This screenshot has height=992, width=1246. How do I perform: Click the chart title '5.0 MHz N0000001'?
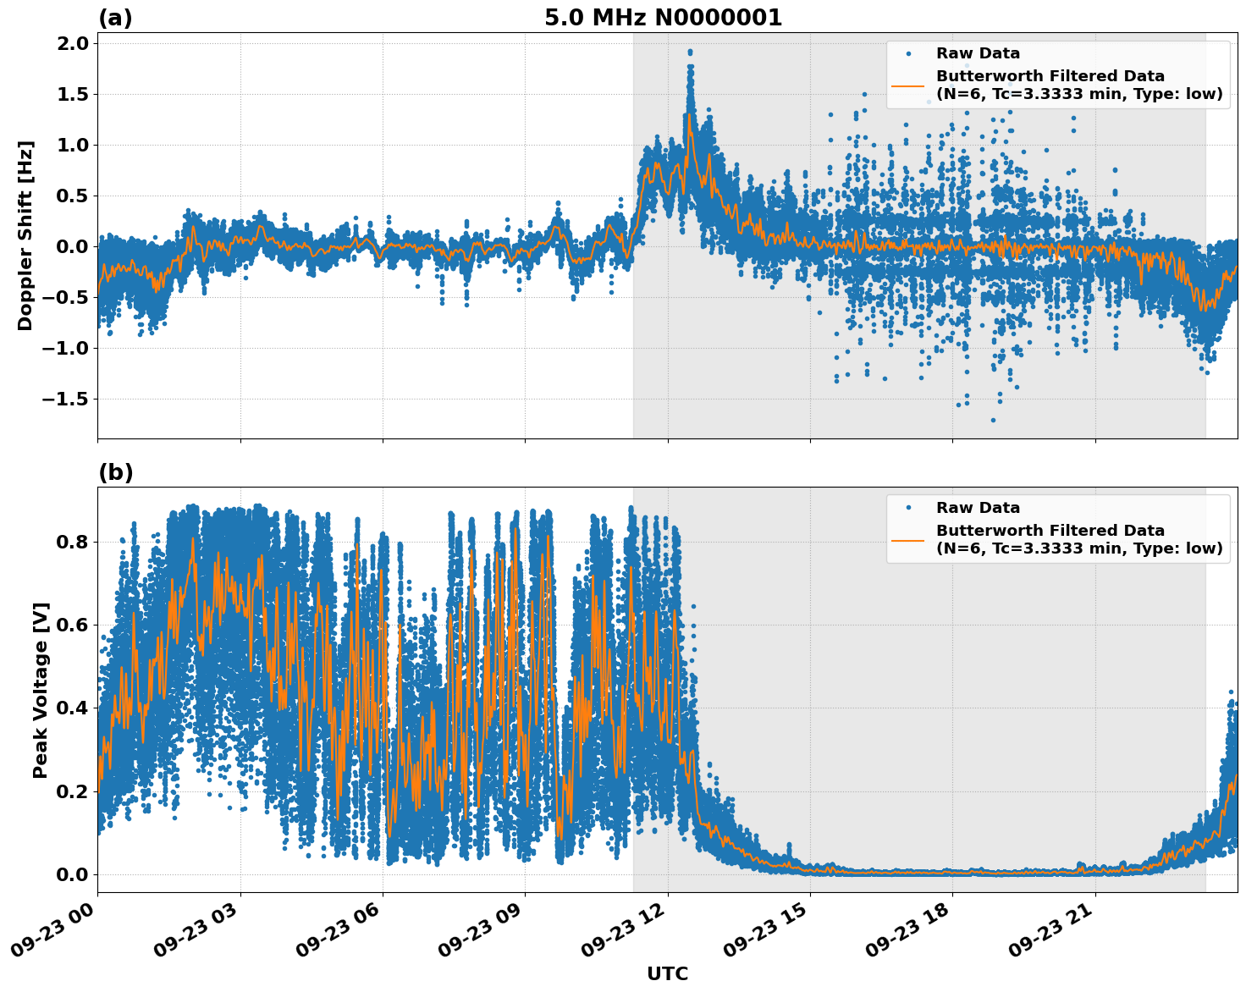tap(663, 18)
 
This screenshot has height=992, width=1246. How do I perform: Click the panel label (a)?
tap(115, 18)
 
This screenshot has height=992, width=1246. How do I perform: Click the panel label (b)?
tap(115, 472)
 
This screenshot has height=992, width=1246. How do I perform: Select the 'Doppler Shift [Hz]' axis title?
tap(25, 235)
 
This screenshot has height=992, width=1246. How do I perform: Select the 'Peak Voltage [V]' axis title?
tap(41, 690)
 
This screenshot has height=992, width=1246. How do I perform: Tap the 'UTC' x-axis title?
tap(667, 973)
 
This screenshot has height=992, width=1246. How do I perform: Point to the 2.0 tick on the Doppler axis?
tap(72, 44)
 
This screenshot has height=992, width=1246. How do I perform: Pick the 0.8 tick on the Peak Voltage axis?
tap(72, 542)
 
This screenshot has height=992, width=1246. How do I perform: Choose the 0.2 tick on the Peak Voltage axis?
tap(72, 791)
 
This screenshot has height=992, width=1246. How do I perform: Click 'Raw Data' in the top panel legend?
tap(978, 53)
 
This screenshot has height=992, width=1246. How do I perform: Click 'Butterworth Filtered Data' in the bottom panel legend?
tap(1050, 531)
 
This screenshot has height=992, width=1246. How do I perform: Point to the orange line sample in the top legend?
tap(908, 85)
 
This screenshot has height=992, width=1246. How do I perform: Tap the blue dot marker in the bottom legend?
tap(908, 508)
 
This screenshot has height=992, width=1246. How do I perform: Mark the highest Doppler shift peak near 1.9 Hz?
tap(690, 52)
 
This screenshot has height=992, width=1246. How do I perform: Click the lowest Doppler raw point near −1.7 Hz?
tap(993, 420)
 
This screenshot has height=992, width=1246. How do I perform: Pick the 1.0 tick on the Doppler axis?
tap(72, 145)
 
